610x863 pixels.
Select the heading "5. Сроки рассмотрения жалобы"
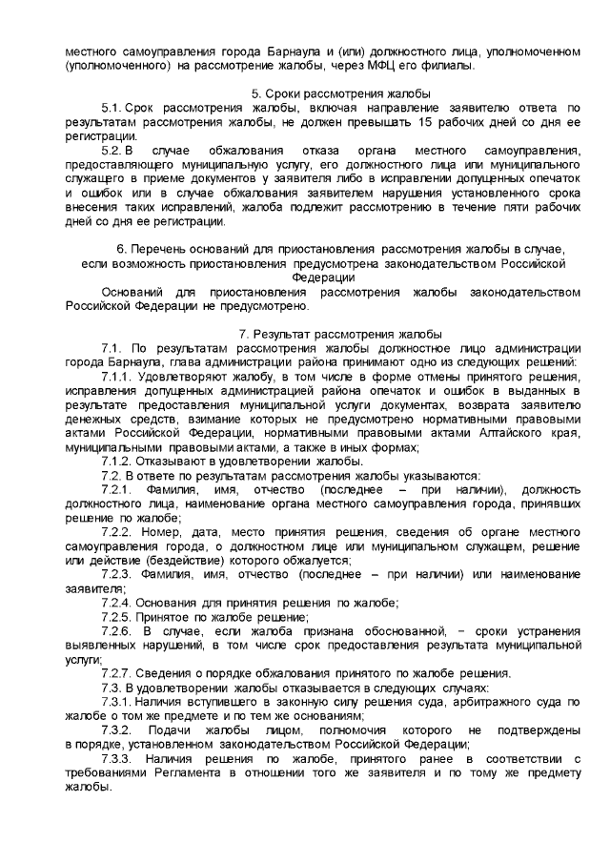tap(340, 93)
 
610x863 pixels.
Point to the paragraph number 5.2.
tap(113, 151)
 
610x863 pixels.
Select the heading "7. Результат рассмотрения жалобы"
tap(340, 334)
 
